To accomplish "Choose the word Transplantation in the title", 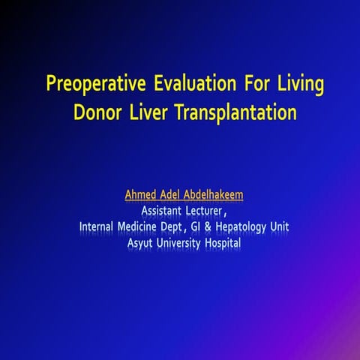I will coord(243,114).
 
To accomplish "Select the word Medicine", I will coord(153,227).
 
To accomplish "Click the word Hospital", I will coord(236,243).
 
